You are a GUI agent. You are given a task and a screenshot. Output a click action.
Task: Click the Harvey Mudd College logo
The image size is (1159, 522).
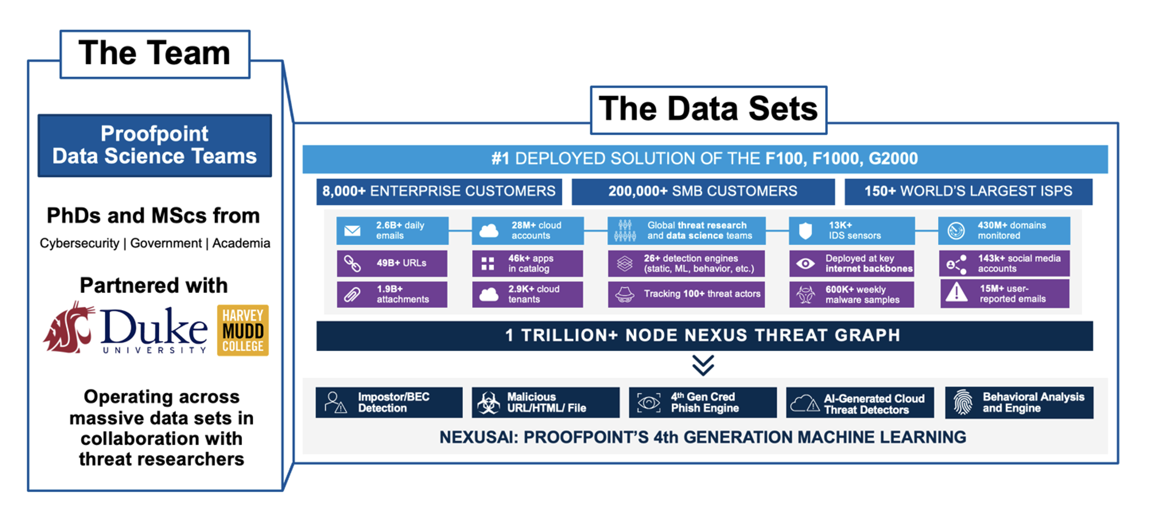[x=243, y=330]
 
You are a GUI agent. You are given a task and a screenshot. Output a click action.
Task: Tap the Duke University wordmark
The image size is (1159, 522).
[x=154, y=329]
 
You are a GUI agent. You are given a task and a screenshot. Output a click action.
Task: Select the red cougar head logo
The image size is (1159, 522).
[x=69, y=327]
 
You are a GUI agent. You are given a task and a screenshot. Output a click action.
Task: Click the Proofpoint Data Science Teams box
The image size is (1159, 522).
[x=155, y=145]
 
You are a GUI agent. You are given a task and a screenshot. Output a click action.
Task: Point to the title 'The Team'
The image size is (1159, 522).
[x=155, y=53]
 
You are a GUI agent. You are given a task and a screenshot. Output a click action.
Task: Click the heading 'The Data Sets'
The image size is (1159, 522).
[x=708, y=109]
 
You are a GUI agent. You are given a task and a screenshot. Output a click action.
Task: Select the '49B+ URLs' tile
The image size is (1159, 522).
[x=392, y=263]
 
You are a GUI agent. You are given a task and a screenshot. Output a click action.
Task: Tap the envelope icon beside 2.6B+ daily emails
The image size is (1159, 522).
[x=352, y=231]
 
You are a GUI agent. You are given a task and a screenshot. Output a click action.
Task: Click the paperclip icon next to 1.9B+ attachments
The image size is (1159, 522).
[x=352, y=294]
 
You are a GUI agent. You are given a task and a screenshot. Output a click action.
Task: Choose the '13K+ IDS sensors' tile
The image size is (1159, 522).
[x=851, y=231]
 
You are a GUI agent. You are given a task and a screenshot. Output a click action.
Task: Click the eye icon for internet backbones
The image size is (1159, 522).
[x=806, y=263]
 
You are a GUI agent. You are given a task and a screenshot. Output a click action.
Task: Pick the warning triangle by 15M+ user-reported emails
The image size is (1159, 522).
[x=956, y=293]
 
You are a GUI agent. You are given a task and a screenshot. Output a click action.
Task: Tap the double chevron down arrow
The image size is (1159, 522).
[x=703, y=365]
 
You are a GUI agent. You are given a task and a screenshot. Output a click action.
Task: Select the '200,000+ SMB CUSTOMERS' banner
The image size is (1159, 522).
[x=703, y=192]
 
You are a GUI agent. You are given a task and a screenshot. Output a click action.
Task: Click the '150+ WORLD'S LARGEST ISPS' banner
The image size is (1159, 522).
[x=968, y=192]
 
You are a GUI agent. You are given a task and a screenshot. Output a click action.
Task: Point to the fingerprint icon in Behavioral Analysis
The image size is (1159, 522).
[x=963, y=402]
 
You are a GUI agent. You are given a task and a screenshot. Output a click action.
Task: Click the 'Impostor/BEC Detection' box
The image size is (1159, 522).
[x=389, y=402]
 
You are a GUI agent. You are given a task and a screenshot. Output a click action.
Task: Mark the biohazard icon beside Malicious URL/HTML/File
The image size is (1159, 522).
[x=488, y=403]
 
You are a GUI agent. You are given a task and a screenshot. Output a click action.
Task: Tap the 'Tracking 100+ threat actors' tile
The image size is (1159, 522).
[x=686, y=294]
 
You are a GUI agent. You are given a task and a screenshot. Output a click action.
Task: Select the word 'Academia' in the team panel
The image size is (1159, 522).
[x=241, y=243]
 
